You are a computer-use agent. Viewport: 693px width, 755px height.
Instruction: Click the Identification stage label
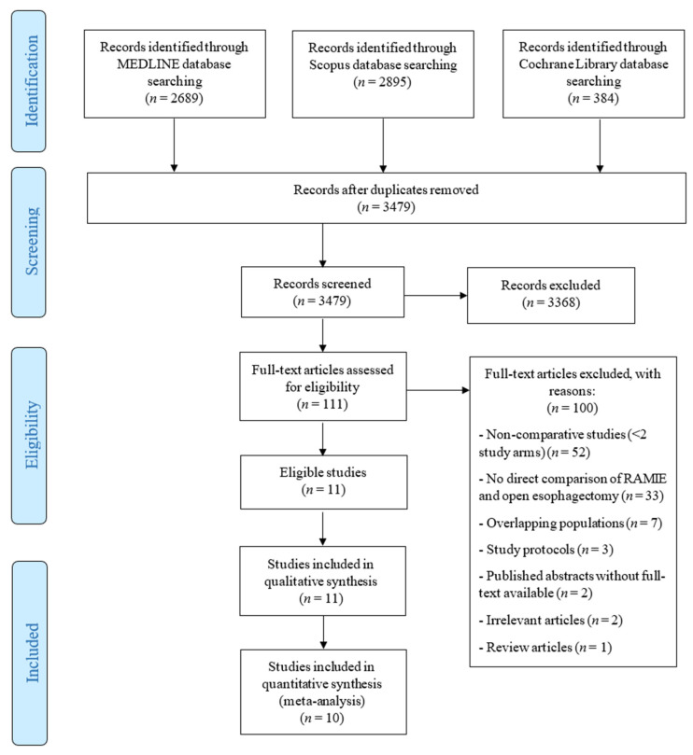coord(32,81)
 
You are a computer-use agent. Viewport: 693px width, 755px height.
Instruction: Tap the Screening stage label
coord(32,241)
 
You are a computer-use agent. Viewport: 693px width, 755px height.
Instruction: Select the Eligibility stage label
coord(32,435)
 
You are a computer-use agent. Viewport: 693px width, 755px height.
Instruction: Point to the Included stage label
coord(32,652)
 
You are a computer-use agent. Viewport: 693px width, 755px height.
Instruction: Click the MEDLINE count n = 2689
coord(174,98)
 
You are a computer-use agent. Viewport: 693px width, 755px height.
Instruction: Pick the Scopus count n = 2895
coord(383,82)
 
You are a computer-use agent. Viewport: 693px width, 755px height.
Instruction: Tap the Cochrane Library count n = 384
coord(593,98)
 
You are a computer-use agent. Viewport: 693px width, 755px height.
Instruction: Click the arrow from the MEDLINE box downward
coord(174,145)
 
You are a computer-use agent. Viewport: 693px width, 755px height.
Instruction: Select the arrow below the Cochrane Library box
coord(600,146)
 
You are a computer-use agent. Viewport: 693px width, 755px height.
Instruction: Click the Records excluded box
coord(551,295)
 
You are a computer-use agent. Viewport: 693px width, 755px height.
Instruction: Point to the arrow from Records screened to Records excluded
coord(435,295)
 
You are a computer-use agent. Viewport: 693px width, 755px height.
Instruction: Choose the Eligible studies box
coord(323,482)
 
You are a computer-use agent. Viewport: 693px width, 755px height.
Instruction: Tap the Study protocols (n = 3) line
coord(545,550)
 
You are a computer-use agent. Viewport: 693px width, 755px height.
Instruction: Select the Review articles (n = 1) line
coord(545,647)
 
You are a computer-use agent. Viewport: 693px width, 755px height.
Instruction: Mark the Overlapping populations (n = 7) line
coord(570,523)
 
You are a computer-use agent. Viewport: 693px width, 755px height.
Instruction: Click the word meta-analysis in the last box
coord(322,701)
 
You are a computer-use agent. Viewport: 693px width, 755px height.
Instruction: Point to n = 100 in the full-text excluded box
coord(573,409)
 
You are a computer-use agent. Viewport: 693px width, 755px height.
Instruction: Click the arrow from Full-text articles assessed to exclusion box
coord(438,390)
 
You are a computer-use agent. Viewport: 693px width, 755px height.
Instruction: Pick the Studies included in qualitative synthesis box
coord(323,580)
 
